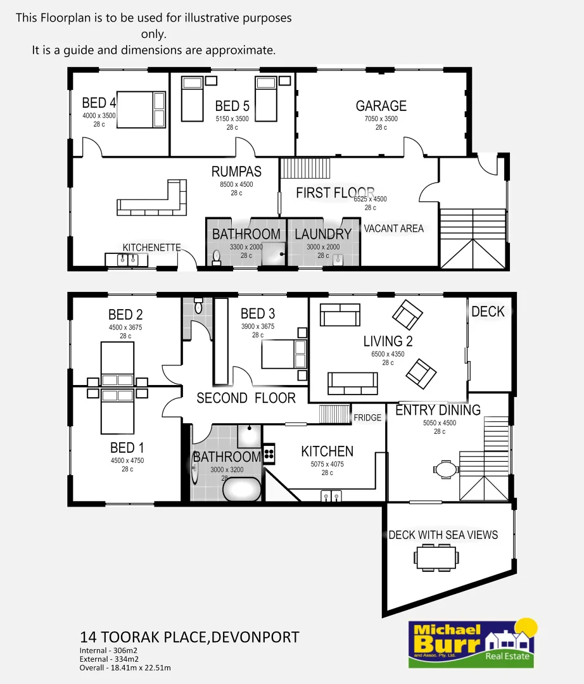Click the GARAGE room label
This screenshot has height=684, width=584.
click(x=381, y=106)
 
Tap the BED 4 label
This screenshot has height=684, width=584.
click(x=99, y=103)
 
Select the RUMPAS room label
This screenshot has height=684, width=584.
click(x=236, y=172)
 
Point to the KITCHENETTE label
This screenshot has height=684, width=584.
click(x=151, y=248)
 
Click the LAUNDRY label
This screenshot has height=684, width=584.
click(x=322, y=234)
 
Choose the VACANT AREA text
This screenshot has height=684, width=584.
click(x=393, y=229)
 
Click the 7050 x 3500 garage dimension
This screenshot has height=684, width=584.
click(x=381, y=118)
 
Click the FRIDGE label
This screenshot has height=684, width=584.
click(x=367, y=418)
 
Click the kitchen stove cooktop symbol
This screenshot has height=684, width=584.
click(x=269, y=453)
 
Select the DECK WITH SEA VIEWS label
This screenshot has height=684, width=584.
click(x=443, y=535)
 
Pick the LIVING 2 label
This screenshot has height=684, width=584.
click(x=388, y=341)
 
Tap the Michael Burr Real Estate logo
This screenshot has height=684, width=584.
click(x=472, y=642)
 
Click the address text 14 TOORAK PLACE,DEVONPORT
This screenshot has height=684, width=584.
click(x=189, y=637)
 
